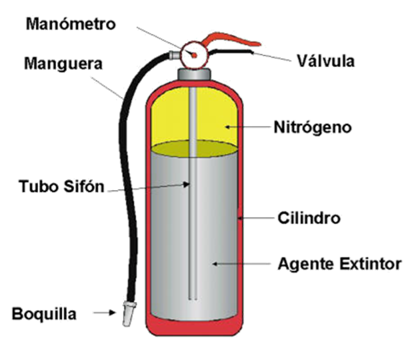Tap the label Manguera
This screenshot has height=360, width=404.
(x=63, y=66)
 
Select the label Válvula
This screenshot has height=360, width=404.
(x=326, y=61)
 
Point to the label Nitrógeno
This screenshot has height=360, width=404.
(x=312, y=127)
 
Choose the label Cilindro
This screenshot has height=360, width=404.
(x=310, y=218)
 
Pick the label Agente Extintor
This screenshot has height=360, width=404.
(x=340, y=264)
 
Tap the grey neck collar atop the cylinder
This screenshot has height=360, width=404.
(x=194, y=73)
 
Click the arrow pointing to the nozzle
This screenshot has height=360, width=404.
(x=109, y=312)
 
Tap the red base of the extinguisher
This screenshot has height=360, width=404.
(x=194, y=327)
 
